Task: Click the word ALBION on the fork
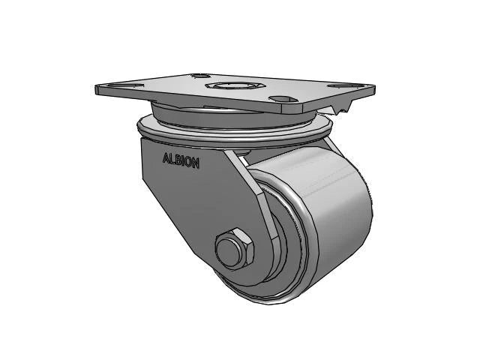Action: (181, 160)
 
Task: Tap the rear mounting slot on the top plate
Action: (199, 76)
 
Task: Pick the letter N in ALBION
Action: (196, 163)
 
